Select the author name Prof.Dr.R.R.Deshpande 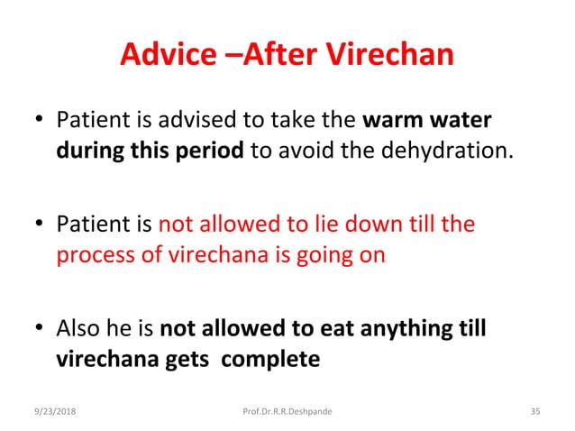(x=288, y=411)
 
